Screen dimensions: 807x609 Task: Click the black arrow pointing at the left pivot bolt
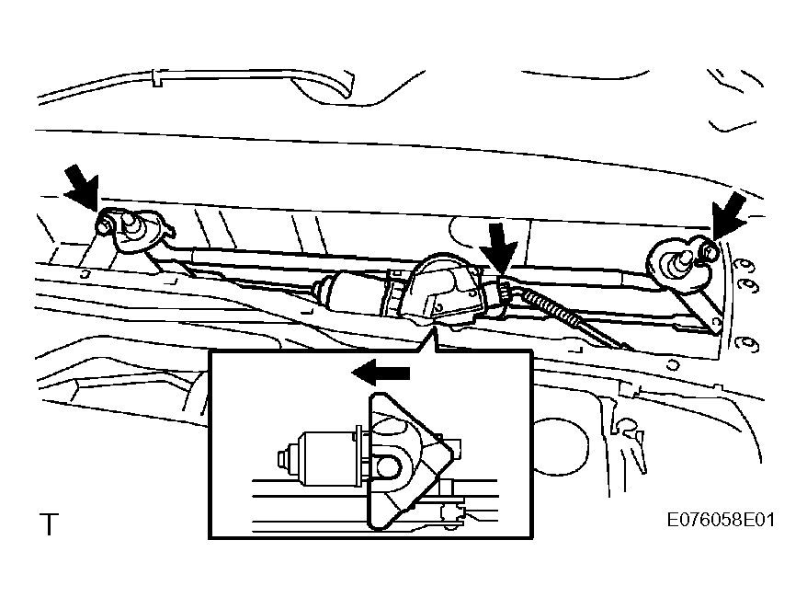83,187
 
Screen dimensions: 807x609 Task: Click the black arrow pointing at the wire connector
499,247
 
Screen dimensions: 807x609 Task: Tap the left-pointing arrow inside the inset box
381,373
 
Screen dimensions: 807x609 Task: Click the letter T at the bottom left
50,524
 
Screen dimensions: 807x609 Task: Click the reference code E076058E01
720,520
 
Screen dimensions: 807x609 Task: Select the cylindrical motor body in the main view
350,293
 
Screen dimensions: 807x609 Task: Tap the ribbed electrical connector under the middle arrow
504,293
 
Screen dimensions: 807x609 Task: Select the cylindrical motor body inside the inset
327,458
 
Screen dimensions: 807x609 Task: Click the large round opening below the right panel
560,446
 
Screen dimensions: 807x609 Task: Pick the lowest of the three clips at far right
747,343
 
